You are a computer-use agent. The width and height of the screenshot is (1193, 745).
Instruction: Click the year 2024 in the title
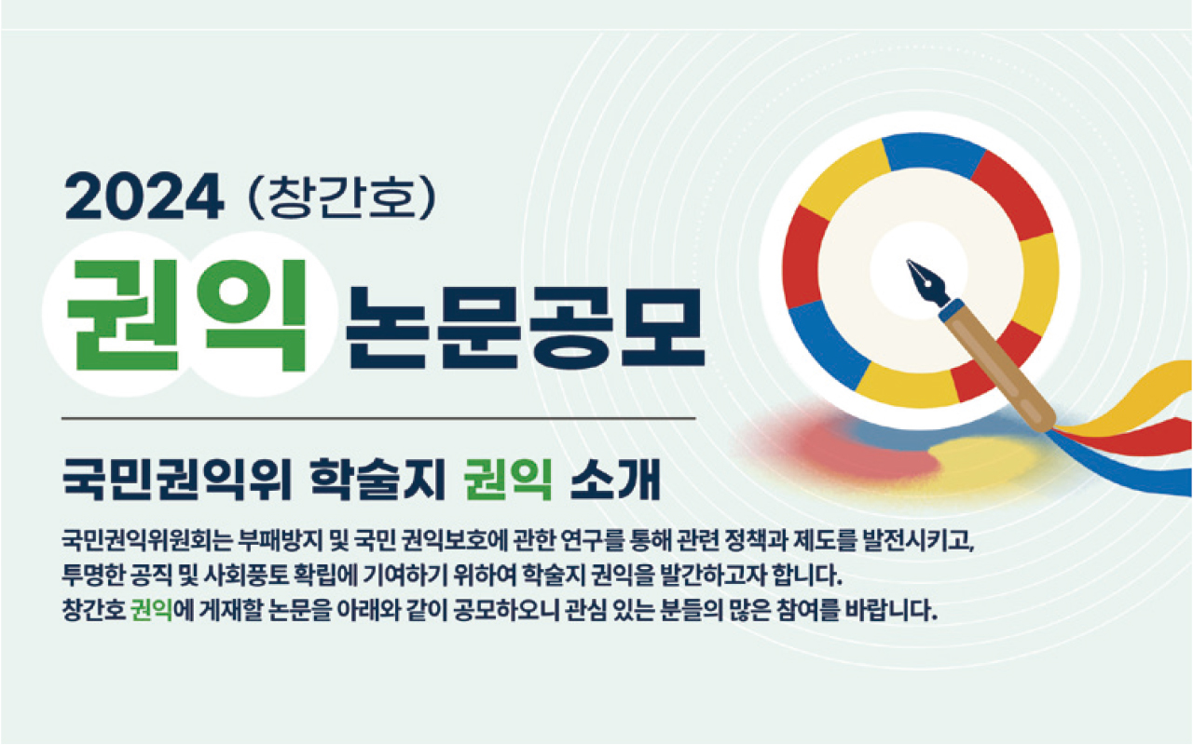pyautogui.click(x=144, y=196)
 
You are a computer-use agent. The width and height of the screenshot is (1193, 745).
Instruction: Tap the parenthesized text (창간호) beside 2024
pyautogui.click(x=342, y=196)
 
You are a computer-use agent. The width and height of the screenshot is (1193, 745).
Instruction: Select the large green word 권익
pyautogui.click(x=187, y=315)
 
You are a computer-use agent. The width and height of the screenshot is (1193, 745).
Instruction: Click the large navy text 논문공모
pyautogui.click(x=525, y=327)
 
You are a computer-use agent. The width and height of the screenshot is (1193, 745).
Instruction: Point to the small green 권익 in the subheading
pyautogui.click(x=508, y=479)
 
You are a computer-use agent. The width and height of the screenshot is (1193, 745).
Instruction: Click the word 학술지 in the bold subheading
pyautogui.click(x=377, y=479)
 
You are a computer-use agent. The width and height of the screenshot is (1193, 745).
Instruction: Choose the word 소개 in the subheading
pyautogui.click(x=615, y=479)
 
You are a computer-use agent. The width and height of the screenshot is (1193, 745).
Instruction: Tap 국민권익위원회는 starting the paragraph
pyautogui.click(x=146, y=541)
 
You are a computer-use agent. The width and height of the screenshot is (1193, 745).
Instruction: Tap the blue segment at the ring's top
pyautogui.click(x=933, y=155)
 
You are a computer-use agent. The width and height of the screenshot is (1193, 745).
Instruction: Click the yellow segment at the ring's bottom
pyautogui.click(x=908, y=386)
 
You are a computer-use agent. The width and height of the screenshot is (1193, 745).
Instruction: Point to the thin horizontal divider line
pyautogui.click(x=378, y=419)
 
